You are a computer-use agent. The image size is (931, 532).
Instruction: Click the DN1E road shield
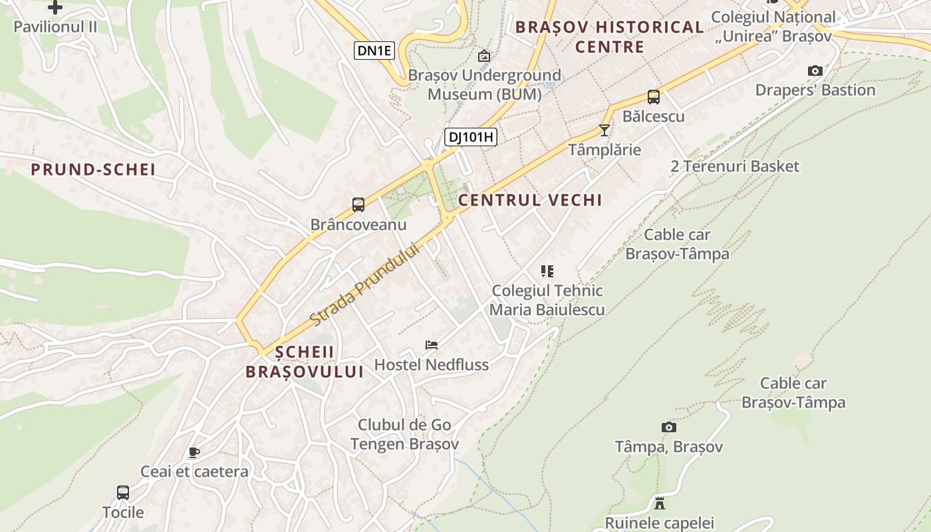[374, 51]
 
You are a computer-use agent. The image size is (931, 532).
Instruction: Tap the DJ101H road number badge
[471, 137]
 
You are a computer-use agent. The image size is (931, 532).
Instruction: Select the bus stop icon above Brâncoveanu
[358, 205]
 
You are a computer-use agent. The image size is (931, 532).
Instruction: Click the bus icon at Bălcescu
[653, 97]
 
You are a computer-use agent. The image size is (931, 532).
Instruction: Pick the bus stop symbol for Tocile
[123, 493]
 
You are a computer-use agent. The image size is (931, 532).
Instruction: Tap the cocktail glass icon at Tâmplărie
[604, 130]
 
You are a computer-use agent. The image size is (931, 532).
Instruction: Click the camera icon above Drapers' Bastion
[815, 70]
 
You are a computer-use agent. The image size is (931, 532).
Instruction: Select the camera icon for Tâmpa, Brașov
[668, 427]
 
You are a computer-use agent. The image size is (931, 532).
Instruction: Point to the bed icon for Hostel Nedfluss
[432, 345]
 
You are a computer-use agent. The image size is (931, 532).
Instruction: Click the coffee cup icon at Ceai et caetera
[194, 453]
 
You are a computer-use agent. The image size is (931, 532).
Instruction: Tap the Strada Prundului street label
[365, 285]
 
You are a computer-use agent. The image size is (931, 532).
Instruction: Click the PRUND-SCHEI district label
[93, 170]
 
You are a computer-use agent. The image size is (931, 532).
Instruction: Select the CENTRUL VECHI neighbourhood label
[530, 200]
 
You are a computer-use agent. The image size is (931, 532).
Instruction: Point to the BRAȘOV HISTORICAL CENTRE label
[609, 37]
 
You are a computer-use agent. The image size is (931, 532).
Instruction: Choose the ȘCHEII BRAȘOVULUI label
[305, 362]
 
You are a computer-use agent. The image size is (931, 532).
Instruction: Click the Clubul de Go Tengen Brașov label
[404, 434]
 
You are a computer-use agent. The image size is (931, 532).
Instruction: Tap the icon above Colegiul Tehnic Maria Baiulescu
[547, 271]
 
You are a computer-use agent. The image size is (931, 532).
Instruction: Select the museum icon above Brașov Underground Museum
[483, 56]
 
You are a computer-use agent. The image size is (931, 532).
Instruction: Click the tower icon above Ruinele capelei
[660, 503]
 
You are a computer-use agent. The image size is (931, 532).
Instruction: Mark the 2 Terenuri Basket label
[734, 166]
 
